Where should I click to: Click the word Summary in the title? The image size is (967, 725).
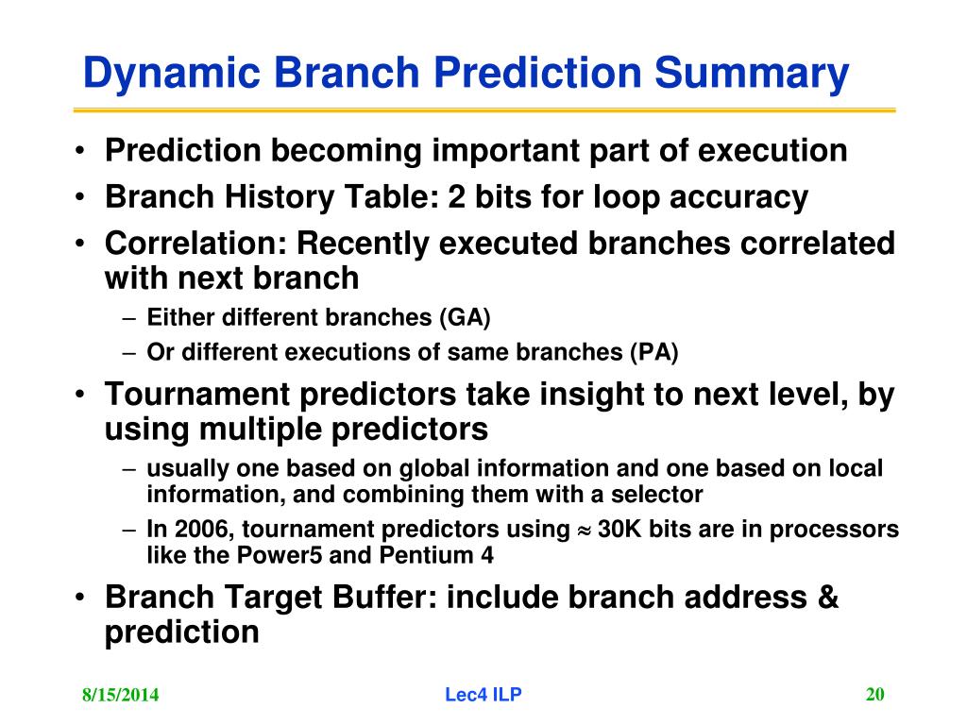(x=751, y=74)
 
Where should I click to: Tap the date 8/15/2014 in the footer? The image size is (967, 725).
(x=120, y=695)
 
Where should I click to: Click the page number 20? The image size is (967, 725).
(x=875, y=694)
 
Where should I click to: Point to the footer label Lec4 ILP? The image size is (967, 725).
(x=483, y=695)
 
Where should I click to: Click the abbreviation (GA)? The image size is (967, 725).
(x=465, y=317)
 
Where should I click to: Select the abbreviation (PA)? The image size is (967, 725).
(x=653, y=352)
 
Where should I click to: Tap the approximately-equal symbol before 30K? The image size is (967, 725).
(x=584, y=531)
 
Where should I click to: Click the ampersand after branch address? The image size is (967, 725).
(x=827, y=598)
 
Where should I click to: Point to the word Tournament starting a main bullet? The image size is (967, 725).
(x=197, y=395)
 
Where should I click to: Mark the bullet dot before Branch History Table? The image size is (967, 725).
(x=79, y=197)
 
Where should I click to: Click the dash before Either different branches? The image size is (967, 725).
(x=128, y=319)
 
